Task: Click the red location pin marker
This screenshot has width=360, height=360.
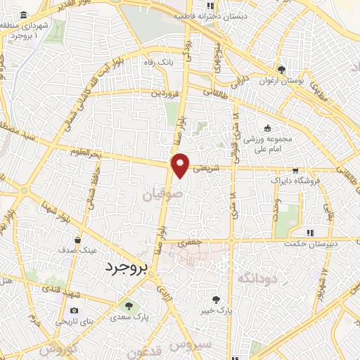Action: (x=181, y=165)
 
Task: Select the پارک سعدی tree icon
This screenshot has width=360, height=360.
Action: (x=128, y=305)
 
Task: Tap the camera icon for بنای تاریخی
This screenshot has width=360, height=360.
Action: (x=75, y=310)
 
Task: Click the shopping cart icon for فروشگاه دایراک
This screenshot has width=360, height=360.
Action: (x=296, y=170)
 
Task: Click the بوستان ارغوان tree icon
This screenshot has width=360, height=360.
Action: (x=281, y=70)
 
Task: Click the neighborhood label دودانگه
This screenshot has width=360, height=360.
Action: (x=255, y=278)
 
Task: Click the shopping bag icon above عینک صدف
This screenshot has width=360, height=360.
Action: (x=85, y=239)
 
